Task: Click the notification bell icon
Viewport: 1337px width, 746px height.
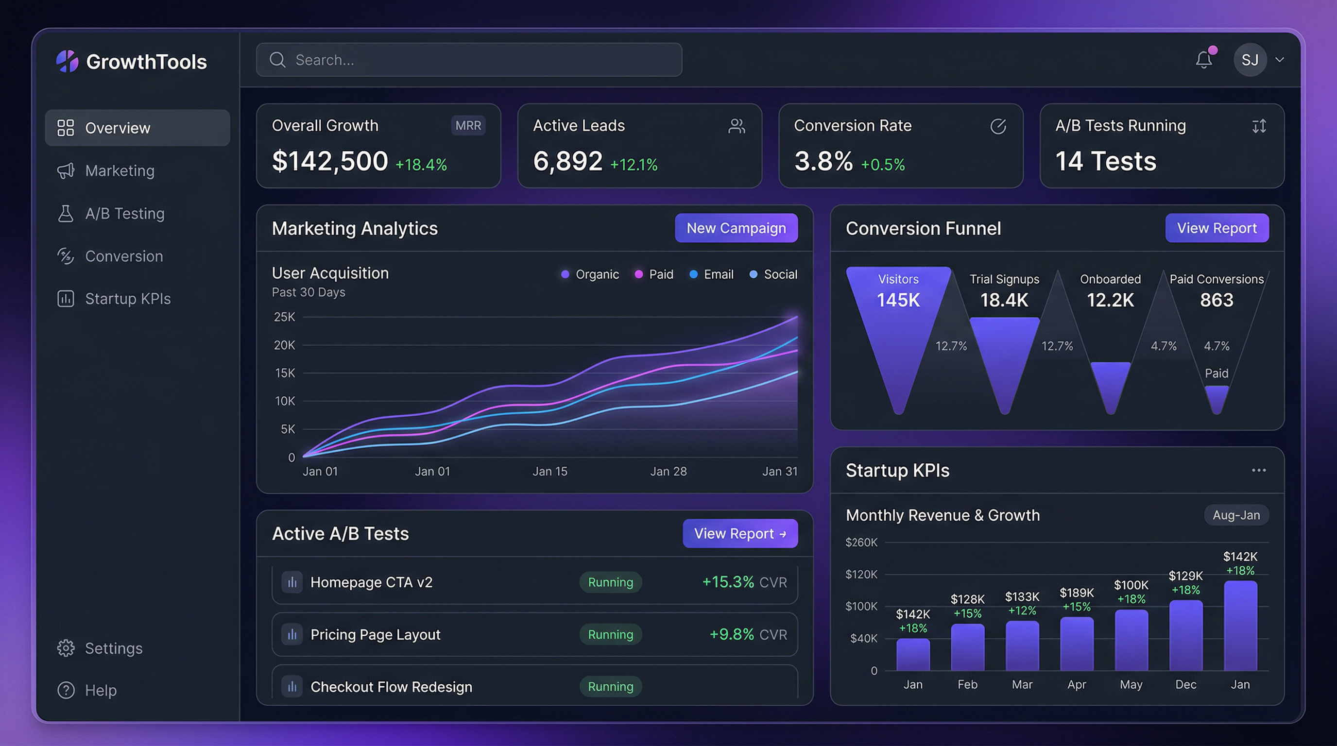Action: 1203,60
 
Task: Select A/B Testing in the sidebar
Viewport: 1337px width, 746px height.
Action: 124,214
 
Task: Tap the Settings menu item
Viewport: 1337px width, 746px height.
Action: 113,648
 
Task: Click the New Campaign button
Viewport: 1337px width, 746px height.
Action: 736,228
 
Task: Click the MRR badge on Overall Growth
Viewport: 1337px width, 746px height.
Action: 468,125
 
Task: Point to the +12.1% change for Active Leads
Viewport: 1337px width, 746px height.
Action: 633,165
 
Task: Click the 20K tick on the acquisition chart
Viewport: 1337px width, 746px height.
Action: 284,345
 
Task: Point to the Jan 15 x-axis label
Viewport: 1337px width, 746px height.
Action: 549,472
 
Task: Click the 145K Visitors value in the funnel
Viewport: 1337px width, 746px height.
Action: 898,300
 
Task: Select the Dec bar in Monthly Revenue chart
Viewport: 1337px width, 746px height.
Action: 1185,635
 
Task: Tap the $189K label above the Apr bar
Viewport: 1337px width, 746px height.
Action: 1077,593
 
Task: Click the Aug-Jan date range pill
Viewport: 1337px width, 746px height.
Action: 1236,515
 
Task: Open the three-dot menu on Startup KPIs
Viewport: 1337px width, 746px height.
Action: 1258,471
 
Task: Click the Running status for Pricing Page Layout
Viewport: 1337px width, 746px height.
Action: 610,634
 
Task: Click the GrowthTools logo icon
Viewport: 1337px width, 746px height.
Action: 68,61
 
